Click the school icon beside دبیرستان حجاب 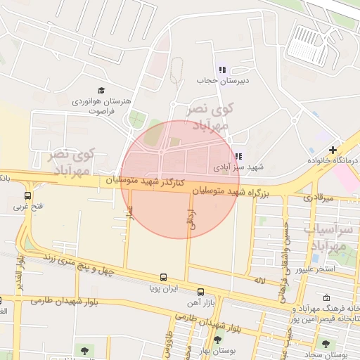(x=223, y=70)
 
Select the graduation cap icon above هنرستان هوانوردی (x=101, y=91)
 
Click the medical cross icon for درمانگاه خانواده (x=333, y=149)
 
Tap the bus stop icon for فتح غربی (x=27, y=195)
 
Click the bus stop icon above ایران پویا (x=164, y=277)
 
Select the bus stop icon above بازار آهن (x=201, y=291)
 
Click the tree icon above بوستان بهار (x=217, y=340)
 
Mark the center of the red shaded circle (x=179, y=179)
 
